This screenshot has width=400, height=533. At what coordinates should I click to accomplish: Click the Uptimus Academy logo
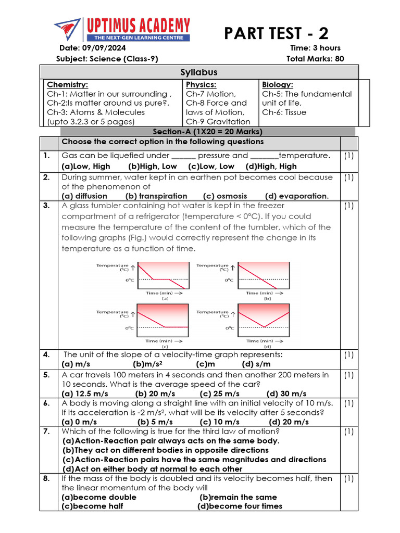pyautogui.click(x=122, y=30)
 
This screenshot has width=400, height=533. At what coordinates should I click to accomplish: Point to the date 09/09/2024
pyautogui.click(x=113, y=48)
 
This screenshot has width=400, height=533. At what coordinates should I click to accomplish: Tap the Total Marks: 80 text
pyautogui.click(x=315, y=59)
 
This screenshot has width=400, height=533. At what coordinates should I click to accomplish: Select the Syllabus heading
pyautogui.click(x=199, y=72)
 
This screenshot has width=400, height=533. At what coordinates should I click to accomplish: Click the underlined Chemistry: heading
pyautogui.click(x=68, y=84)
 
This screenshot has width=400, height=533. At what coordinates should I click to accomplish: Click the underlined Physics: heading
pyautogui.click(x=201, y=84)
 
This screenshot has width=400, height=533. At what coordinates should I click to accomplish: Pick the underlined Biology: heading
pyautogui.click(x=278, y=84)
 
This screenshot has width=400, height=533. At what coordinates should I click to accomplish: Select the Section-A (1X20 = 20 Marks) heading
pyautogui.click(x=207, y=132)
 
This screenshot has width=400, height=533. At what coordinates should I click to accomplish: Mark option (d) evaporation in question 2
pyautogui.click(x=297, y=196)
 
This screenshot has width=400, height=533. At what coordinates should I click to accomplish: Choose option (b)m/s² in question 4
pyautogui.click(x=148, y=364)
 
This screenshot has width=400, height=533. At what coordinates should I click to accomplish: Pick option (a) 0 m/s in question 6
pyautogui.click(x=79, y=422)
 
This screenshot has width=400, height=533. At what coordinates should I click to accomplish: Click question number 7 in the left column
pyautogui.click(x=47, y=432)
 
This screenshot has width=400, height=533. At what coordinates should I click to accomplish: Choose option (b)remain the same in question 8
pyautogui.click(x=238, y=497)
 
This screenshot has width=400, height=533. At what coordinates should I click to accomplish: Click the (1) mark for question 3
pyautogui.click(x=349, y=206)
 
